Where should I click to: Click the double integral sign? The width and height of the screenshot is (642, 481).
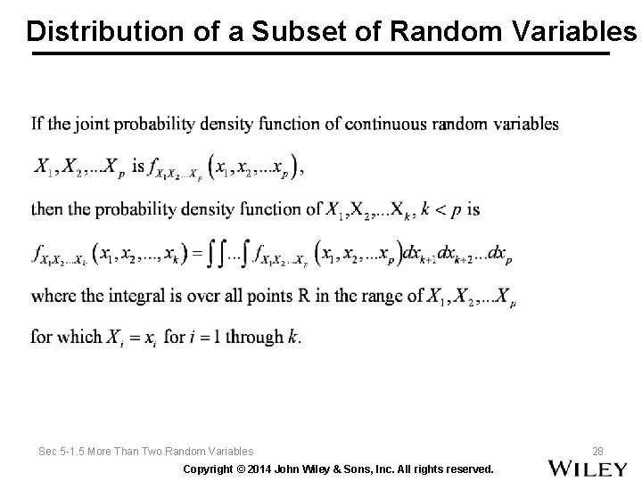pyautogui.click(x=215, y=255)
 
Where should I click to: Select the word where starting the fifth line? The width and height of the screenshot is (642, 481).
pyautogui.click(x=51, y=296)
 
